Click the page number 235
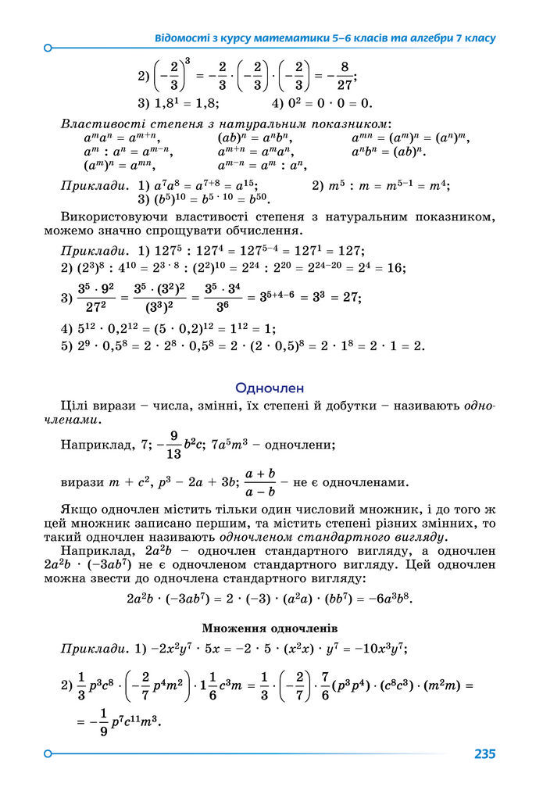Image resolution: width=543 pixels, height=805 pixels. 484,754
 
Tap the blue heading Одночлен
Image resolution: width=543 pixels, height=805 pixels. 270,388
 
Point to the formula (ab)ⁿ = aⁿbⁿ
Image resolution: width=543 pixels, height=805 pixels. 248,138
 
